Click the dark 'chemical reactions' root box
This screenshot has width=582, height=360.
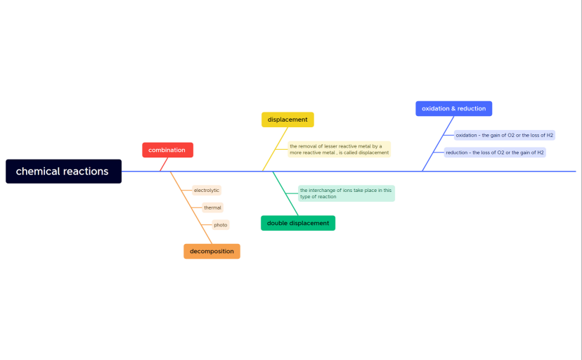point(63,172)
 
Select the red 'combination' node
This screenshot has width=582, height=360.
point(167,150)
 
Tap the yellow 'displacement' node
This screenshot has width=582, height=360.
point(287,120)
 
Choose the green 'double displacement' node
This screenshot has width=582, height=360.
point(298,223)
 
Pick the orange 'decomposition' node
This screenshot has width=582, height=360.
point(212,251)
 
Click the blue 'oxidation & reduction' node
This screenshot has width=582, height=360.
point(453,108)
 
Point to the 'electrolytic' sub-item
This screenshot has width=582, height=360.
point(207,191)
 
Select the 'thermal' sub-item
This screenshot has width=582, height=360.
point(212,207)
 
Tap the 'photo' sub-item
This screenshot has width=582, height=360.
point(221,225)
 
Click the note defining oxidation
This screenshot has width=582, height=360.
point(504,135)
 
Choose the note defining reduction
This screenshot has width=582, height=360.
point(495,152)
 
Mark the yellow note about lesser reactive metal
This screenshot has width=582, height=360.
point(339,149)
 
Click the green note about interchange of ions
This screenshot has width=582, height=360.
point(346,193)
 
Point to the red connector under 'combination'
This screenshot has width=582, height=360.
point(163,165)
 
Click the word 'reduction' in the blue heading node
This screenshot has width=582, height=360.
point(472,108)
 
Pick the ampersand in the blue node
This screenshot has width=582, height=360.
point(453,108)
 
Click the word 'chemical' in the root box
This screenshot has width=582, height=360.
point(37,172)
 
